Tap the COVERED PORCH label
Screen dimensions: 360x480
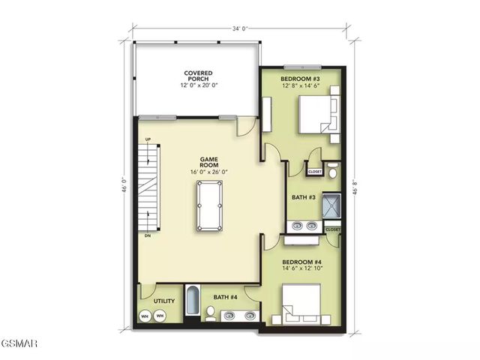pos(198,79)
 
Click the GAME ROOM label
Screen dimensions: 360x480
pos(208,165)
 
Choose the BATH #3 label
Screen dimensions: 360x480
pos(302,198)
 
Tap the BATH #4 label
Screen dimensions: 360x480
pos(224,298)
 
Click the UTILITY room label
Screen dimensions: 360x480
pos(164,301)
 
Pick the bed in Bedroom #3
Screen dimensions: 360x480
pos(316,115)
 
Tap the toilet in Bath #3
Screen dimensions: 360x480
pos(334,169)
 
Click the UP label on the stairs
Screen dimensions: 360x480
pos(148,140)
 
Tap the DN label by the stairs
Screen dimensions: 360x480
pos(148,235)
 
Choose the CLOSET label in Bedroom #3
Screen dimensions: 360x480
pos(315,172)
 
